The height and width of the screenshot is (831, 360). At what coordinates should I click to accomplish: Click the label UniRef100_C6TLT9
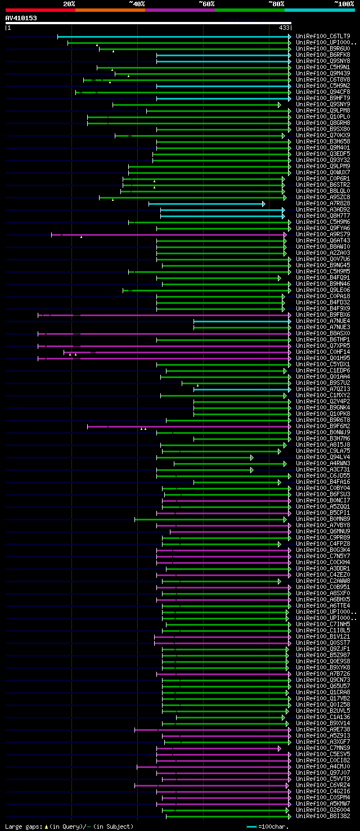pyautogui.click(x=323, y=36)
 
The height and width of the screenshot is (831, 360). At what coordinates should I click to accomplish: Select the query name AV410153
pyautogui.click(x=21, y=18)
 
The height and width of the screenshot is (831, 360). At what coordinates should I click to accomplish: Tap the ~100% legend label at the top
pyautogui.click(x=344, y=3)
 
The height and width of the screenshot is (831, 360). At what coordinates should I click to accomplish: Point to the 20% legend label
pyautogui.click(x=69, y=3)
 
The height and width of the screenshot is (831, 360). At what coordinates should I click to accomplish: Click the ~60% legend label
pyautogui.click(x=206, y=3)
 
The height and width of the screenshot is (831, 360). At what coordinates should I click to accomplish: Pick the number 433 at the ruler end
pyautogui.click(x=283, y=27)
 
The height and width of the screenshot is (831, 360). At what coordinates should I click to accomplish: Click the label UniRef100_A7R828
pyautogui.click(x=323, y=204)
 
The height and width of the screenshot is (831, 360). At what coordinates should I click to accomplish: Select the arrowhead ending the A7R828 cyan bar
pyautogui.click(x=263, y=204)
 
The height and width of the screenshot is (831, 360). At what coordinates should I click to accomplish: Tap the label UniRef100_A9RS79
pyautogui.click(x=323, y=234)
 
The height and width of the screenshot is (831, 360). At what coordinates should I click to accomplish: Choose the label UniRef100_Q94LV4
pyautogui.click(x=323, y=457)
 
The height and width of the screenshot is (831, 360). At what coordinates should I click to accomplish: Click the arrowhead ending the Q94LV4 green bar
pyautogui.click(x=251, y=457)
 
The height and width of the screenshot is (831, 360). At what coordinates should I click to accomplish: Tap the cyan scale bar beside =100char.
pyautogui.click(x=251, y=826)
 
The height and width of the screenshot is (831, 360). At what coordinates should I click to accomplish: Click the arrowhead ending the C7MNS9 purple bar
pyautogui.click(x=279, y=748)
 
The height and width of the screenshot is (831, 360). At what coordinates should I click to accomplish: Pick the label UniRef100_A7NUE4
pyautogui.click(x=323, y=321)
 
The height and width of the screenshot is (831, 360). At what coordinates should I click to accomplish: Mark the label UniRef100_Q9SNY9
pyautogui.click(x=323, y=104)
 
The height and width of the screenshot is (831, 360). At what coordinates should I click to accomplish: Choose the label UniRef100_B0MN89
pyautogui.click(x=323, y=519)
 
